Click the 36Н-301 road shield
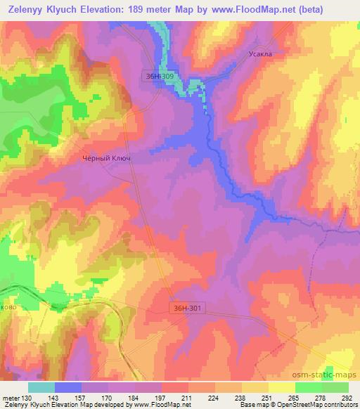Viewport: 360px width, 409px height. pyautogui.click(x=188, y=308)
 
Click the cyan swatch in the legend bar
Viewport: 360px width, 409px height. pyautogui.click(x=41, y=387)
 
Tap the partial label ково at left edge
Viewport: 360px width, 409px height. pyautogui.click(x=10, y=306)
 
